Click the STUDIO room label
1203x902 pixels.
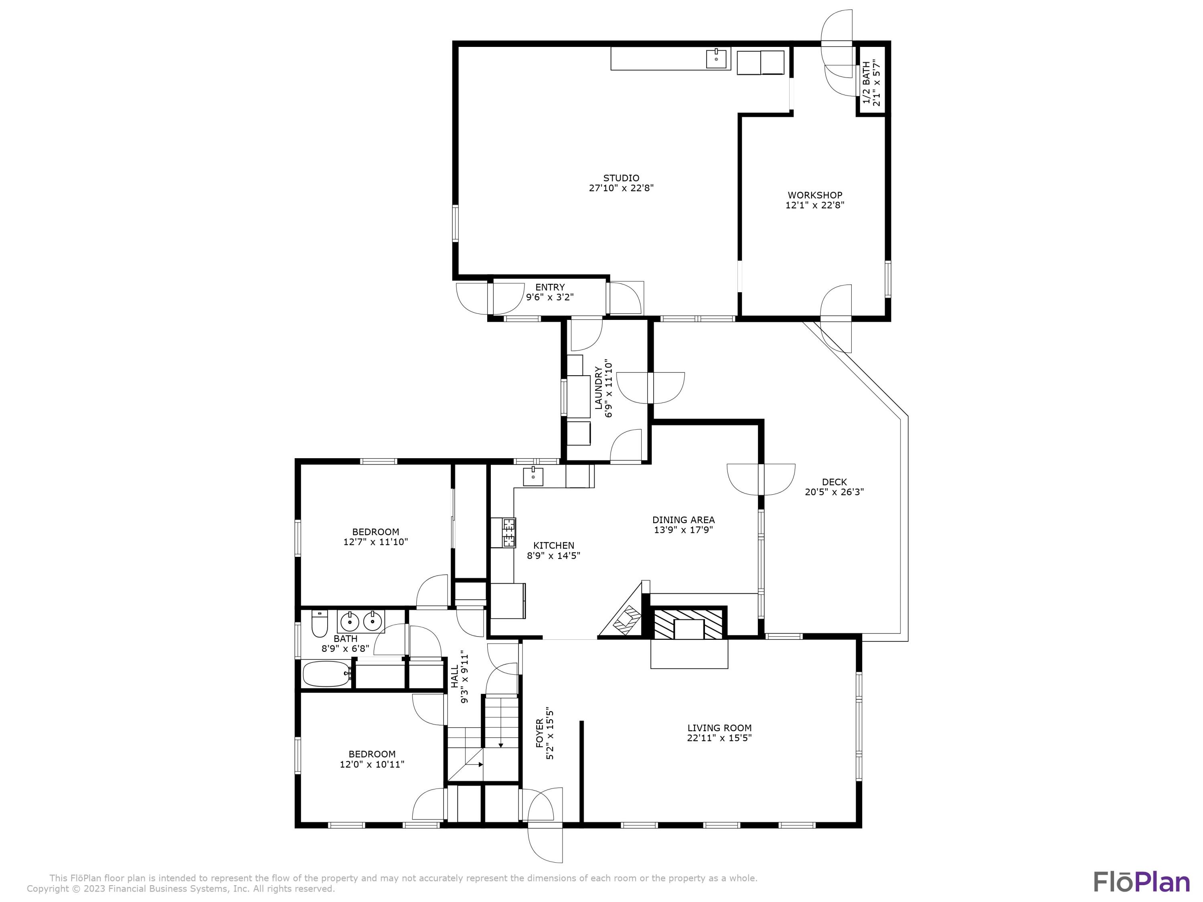click(621, 178)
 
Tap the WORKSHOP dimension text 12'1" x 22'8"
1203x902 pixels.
click(815, 205)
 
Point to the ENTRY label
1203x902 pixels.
click(550, 287)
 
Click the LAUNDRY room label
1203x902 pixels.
click(598, 388)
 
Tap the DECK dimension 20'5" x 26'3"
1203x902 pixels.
click(834, 492)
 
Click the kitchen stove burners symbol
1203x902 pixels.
click(509, 533)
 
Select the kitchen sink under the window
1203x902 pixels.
click(533, 476)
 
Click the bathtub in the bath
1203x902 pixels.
click(327, 674)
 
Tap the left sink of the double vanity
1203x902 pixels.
click(349, 621)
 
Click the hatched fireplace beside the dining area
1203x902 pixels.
click(689, 624)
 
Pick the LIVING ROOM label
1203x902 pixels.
click(719, 728)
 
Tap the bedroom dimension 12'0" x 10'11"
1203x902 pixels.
click(372, 764)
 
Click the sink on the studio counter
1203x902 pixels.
click(717, 58)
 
